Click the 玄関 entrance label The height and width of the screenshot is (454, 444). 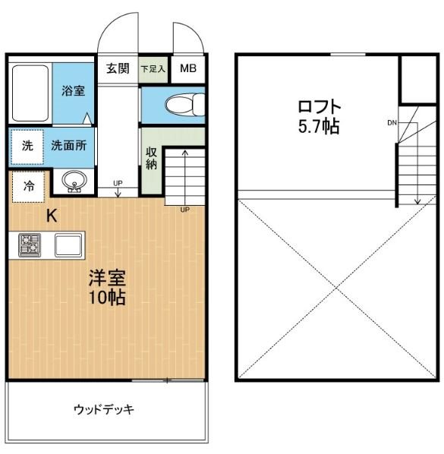[118, 68]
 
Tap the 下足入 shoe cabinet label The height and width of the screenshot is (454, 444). [154, 69]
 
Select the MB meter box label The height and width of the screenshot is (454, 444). [187, 69]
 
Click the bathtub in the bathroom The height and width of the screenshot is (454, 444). [30, 92]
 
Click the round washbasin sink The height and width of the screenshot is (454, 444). [74, 182]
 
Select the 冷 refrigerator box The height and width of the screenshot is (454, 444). [28, 186]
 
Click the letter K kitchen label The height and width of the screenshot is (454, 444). [52, 215]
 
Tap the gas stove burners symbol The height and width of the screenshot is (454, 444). [30, 244]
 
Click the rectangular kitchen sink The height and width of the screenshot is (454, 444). [68, 245]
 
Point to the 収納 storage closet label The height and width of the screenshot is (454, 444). [152, 157]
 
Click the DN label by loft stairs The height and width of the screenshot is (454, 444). [392, 122]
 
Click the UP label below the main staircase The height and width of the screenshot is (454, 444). [184, 210]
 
